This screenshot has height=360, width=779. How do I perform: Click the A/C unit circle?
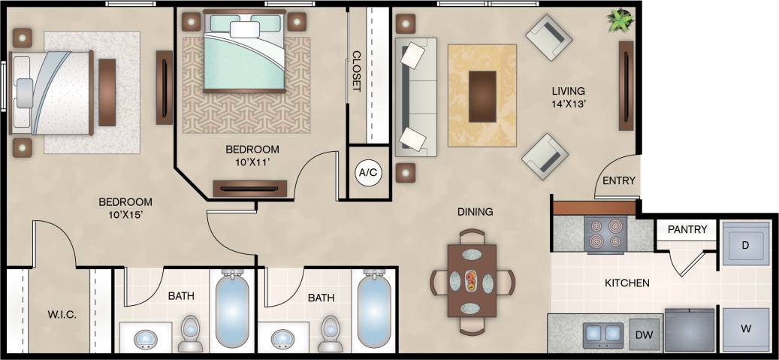tap(368, 173)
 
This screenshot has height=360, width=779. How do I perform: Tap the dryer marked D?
tap(744, 245)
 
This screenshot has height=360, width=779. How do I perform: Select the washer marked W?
tap(744, 329)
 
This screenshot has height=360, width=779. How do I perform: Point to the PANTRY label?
tap(687, 229)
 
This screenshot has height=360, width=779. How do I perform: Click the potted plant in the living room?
tap(620, 20)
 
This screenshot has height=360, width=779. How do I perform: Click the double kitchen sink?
tap(603, 332)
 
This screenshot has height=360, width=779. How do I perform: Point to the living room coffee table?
tap(482, 95)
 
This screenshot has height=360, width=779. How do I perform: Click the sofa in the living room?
tap(415, 97)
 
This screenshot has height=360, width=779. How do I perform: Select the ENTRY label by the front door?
tap(619, 181)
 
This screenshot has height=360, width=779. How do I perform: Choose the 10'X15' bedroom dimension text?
tap(125, 216)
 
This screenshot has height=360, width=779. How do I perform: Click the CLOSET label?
tap(357, 71)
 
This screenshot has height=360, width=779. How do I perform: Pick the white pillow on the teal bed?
tap(244, 29)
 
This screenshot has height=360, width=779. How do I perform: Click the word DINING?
tap(475, 212)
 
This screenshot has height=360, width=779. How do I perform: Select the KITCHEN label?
tap(627, 283)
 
